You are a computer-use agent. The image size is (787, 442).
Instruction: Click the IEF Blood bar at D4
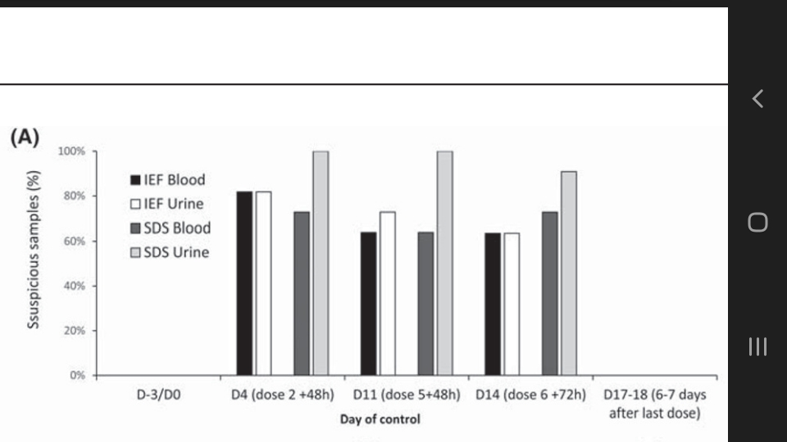pos(244,283)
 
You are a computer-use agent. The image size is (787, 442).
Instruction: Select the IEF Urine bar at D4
pos(263,283)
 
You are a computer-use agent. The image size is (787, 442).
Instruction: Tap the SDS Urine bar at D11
pos(444,263)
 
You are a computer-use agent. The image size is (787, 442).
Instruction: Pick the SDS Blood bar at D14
pos(549,294)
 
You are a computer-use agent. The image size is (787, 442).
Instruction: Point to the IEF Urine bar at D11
pos(388,294)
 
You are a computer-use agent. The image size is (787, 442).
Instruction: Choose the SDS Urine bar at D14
pos(569,273)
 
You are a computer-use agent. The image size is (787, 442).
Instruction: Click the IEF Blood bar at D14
pos(493,304)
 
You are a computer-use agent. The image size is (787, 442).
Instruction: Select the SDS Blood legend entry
pos(171,228)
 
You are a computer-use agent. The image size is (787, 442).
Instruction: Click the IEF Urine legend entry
pos(167,204)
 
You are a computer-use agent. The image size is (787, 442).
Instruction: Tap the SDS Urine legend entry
pos(170,252)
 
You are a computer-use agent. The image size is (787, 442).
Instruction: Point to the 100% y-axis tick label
pos(71,151)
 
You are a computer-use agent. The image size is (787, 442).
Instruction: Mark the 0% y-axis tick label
pos(77,376)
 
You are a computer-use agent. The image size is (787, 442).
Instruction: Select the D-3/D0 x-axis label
pos(158,395)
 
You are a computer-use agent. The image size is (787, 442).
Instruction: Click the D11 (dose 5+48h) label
pos(407,395)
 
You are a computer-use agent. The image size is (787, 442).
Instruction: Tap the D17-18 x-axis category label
pos(655,404)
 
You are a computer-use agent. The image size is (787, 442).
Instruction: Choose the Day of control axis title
pos(380,419)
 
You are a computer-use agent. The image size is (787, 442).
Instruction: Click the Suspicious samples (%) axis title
pos(33,250)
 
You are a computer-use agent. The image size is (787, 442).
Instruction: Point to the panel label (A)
pos(25,137)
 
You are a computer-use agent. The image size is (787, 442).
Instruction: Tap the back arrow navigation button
pos(757,99)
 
